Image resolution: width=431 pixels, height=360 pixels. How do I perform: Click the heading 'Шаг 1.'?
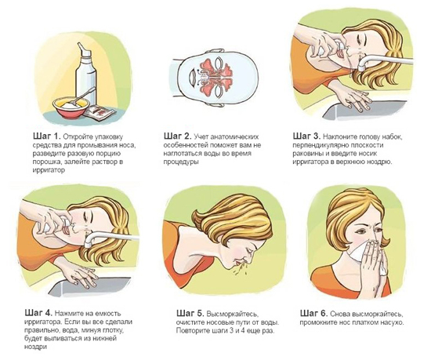click(46, 136)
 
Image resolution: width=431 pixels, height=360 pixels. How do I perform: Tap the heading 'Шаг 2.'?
click(177, 136)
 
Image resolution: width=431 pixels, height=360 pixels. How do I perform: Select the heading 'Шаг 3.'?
click(306, 136)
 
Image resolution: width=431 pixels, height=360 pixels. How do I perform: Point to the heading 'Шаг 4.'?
click(38, 313)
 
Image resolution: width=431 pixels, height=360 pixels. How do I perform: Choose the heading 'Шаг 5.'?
click(190, 313)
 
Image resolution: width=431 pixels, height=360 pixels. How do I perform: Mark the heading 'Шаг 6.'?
click(313, 313)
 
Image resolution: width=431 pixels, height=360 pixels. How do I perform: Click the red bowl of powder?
click(71, 107)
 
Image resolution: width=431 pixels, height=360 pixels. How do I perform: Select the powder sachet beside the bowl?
click(100, 112)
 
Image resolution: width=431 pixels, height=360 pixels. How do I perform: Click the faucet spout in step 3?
click(384, 62)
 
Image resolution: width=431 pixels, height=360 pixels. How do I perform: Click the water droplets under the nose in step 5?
click(239, 267)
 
